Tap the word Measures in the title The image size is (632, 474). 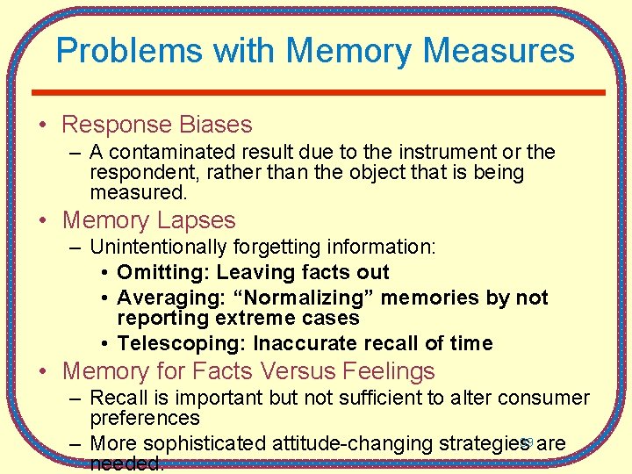pos(499,50)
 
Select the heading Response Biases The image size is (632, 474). pos(157,125)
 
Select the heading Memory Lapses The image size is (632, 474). pos(149,220)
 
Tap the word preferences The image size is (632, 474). pos(145,418)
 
